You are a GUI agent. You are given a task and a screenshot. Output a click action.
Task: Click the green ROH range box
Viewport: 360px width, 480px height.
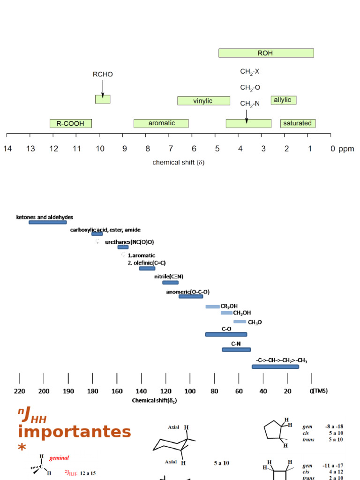(x=266, y=53)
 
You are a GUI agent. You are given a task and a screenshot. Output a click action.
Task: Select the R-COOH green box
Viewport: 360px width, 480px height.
(x=70, y=124)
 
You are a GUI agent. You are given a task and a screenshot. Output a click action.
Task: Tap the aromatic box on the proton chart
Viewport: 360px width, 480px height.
(x=161, y=123)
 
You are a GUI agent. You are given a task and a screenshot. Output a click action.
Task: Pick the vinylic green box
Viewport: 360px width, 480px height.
(x=203, y=101)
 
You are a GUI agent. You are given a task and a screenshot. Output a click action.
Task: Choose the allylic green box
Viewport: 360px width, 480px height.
(x=283, y=100)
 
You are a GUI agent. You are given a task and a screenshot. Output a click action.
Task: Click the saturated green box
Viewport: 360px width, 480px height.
(x=298, y=123)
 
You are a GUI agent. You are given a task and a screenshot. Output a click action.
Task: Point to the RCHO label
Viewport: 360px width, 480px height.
(x=103, y=74)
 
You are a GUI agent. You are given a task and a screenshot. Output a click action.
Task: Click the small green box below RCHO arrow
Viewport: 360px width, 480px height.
(x=103, y=99)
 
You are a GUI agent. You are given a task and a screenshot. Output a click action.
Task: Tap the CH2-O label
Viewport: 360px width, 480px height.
(x=250, y=88)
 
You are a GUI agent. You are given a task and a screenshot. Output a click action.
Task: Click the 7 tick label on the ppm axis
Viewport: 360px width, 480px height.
(x=171, y=149)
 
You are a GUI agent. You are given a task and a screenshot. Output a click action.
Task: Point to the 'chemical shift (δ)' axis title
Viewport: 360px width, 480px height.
(x=179, y=163)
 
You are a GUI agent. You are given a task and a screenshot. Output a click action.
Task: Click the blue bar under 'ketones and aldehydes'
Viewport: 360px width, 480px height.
(x=47, y=222)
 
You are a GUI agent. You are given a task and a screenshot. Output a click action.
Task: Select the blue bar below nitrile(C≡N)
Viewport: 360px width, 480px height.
(x=170, y=283)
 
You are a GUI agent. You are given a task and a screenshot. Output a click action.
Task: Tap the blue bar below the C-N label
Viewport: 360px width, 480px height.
(x=236, y=350)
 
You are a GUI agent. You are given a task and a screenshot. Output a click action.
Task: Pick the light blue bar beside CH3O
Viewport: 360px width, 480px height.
(x=240, y=322)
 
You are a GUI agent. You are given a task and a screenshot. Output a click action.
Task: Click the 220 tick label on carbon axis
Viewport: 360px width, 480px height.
(x=19, y=391)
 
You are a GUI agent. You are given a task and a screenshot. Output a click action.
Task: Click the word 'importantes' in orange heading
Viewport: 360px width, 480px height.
(x=74, y=431)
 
